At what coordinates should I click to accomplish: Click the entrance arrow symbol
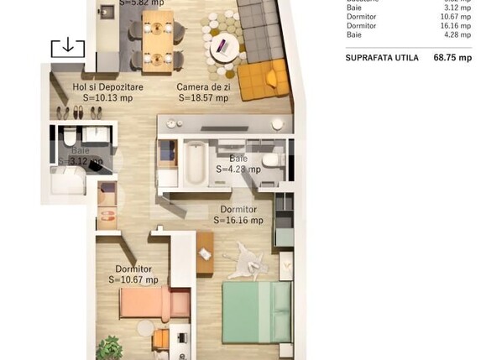[x=67, y=47]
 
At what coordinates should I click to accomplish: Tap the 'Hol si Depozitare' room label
[x=107, y=86]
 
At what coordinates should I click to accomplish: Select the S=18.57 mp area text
[x=203, y=97]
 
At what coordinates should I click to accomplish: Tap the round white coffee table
[x=222, y=46]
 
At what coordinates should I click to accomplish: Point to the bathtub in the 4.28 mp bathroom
[x=194, y=164]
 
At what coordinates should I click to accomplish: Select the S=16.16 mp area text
[x=238, y=220]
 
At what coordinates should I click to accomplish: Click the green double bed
[x=256, y=311]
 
